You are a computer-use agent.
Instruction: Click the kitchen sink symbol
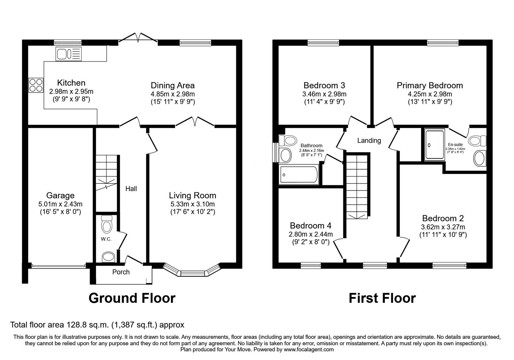coord(68,54)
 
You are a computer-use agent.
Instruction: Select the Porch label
coord(121,272)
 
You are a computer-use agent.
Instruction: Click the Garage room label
coord(60,195)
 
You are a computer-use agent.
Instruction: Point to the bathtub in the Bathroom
coord(299,175)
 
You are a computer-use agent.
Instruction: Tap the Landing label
coord(369,140)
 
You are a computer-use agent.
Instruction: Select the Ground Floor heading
coord(132,298)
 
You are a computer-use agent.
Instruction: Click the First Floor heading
coord(382,298)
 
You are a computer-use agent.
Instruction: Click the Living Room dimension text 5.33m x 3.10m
coord(192,204)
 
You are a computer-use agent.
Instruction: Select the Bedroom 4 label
coord(310,225)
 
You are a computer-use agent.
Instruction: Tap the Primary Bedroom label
coord(430,85)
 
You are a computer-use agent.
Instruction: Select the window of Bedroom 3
coord(323,42)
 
